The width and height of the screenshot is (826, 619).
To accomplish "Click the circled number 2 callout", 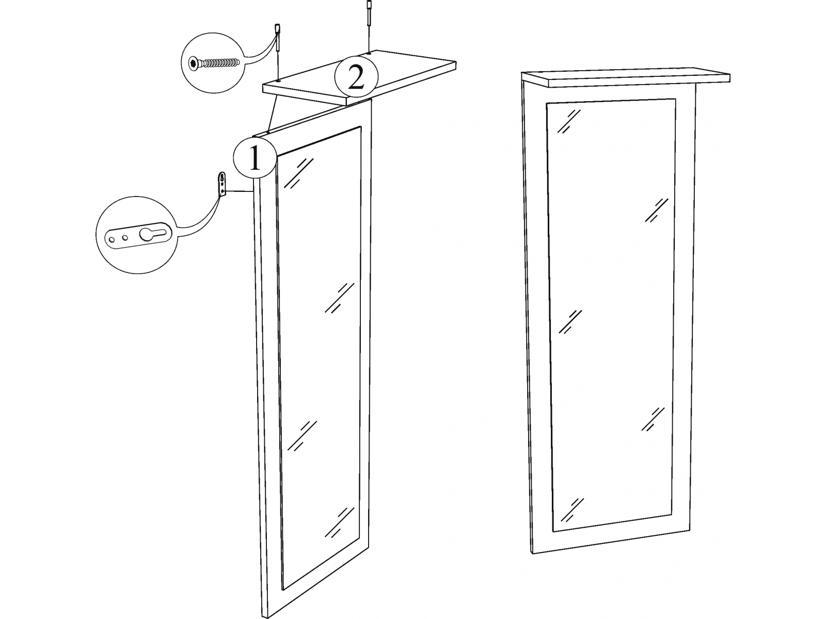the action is [356, 77].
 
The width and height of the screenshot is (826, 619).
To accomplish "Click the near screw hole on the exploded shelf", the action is [278, 80].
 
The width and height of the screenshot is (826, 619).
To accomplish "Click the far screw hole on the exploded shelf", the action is [369, 54].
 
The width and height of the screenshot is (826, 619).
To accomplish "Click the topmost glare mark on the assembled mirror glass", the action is [569, 121].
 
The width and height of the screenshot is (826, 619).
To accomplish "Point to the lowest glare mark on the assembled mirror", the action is [572, 510].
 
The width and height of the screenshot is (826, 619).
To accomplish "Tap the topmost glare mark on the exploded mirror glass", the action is [299, 173].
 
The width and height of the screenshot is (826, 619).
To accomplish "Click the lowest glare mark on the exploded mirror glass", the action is [339, 522].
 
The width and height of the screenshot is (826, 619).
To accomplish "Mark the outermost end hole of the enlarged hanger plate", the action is [112, 239].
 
